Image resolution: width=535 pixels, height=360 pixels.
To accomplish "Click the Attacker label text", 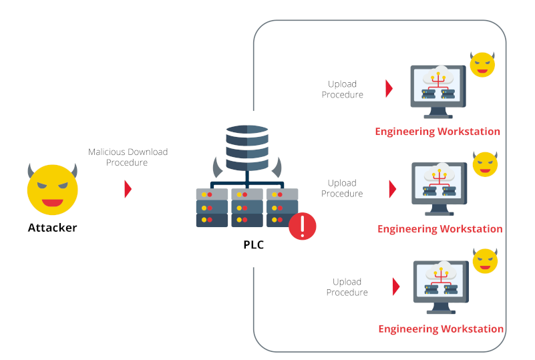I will (x=52, y=228).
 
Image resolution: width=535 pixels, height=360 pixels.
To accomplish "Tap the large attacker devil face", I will (x=52, y=188).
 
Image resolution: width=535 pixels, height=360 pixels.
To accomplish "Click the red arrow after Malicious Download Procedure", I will (x=128, y=189).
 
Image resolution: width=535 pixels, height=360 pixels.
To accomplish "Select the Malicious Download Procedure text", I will (x=128, y=157).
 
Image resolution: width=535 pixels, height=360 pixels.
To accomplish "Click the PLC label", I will (x=253, y=245).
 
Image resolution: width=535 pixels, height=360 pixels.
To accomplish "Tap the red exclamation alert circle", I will (x=303, y=226).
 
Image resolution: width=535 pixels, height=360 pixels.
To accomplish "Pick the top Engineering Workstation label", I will (x=437, y=132).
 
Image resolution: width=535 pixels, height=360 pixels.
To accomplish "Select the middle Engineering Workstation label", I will (x=439, y=229).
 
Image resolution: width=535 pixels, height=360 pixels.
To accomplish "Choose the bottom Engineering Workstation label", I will (x=441, y=329).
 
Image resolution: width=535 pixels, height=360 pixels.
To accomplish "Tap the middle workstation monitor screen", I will (x=439, y=183).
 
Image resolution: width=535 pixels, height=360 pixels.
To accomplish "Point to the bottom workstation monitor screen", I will (x=441, y=281).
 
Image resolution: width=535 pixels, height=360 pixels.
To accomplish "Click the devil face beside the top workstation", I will (x=483, y=65).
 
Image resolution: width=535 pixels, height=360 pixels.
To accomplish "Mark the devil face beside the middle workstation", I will (x=486, y=164).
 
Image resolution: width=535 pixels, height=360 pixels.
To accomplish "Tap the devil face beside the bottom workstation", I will (x=486, y=260).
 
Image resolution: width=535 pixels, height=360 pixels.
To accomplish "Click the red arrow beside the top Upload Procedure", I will (x=389, y=89).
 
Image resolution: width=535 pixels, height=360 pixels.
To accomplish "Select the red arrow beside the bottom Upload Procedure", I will (x=396, y=287).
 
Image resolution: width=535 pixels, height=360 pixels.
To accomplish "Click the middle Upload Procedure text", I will (x=342, y=188).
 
